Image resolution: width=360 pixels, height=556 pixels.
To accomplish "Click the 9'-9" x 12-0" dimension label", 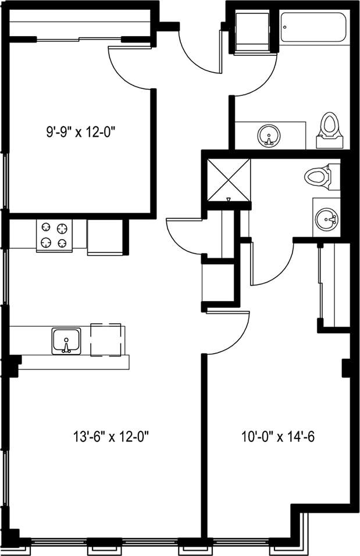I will coord(82,132).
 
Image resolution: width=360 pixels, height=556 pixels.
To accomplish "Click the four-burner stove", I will coord(54,235).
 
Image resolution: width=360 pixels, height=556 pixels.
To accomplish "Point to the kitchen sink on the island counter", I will coord(68,341).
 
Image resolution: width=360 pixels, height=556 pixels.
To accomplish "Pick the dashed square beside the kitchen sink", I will coord(106,340).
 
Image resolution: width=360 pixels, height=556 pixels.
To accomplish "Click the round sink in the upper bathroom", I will coord(268,136).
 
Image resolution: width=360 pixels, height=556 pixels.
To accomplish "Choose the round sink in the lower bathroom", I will coord(326,220).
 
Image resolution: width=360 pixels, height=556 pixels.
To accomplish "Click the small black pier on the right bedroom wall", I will coord(345,368).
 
